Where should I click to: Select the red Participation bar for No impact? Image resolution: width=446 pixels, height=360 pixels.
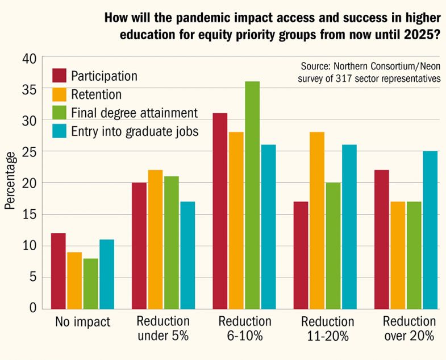click(59, 271)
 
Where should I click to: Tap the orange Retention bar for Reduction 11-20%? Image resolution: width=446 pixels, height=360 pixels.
click(318, 220)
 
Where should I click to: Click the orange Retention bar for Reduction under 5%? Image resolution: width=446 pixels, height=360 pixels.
click(155, 239)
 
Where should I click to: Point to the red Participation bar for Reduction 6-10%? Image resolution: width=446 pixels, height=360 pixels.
click(220, 210)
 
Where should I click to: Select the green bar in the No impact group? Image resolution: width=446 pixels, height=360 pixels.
click(91, 283)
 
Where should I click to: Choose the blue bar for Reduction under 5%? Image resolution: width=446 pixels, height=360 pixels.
click(187, 254)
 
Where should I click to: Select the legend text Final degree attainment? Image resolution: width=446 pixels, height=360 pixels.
click(134, 113)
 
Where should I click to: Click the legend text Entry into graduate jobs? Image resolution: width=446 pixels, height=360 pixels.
click(135, 131)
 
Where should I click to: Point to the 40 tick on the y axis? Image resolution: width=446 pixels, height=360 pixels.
click(29, 58)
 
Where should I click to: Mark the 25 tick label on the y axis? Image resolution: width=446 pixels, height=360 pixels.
click(29, 152)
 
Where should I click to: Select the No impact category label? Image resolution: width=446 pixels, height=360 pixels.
click(82, 322)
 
